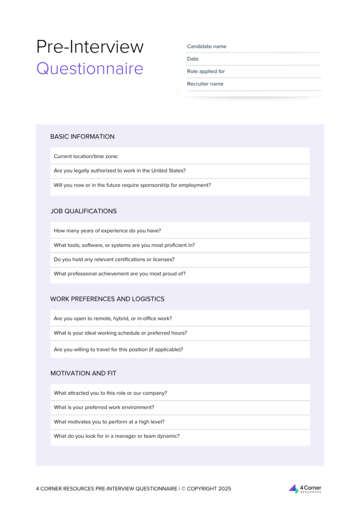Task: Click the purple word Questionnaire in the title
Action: [x=90, y=68]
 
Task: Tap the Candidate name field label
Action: [x=206, y=46]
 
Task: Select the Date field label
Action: [x=192, y=59]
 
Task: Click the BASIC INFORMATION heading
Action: [x=82, y=136]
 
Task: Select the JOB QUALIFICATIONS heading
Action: [x=84, y=211]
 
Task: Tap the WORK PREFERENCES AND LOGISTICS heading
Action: [x=107, y=299]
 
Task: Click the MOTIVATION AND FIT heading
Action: [x=83, y=373]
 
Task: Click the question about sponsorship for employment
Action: [x=132, y=185]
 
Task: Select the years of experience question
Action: [x=107, y=231]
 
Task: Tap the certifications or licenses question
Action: [x=114, y=259]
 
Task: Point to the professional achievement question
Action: [x=119, y=273]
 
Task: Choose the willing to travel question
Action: [x=118, y=349]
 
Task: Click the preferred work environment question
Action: [x=104, y=407]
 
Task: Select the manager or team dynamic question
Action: [x=116, y=436]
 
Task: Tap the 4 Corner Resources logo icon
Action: [x=294, y=489]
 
